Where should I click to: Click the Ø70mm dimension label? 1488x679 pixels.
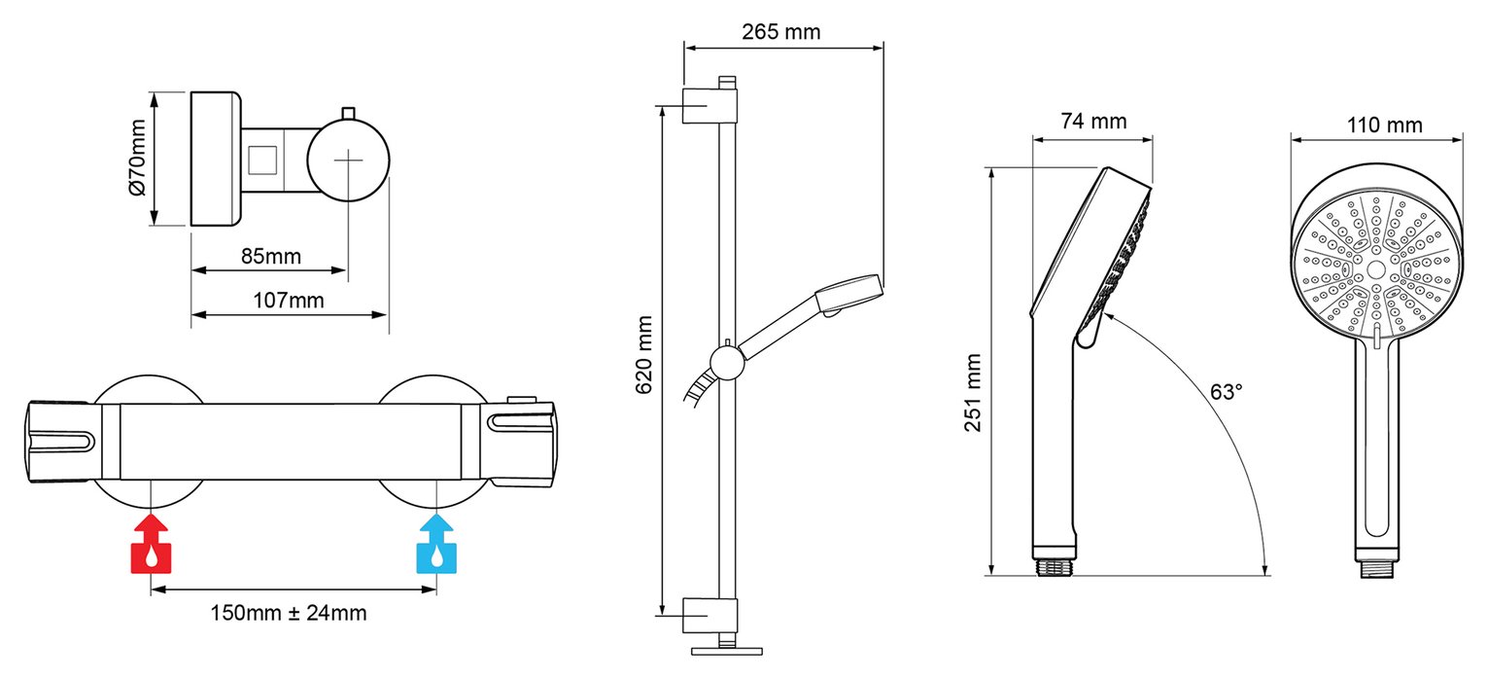[x=137, y=159]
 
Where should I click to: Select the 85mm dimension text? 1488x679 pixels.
[x=271, y=257]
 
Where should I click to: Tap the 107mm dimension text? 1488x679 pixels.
[x=289, y=301]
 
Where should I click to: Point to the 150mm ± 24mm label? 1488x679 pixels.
[x=289, y=613]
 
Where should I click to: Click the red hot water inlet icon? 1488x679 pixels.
[x=152, y=544]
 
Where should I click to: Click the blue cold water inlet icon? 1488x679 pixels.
[x=436, y=544]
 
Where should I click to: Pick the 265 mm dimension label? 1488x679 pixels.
[x=781, y=32]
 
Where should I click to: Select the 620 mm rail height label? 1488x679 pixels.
[x=644, y=355]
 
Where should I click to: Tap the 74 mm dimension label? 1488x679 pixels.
[x=1093, y=121]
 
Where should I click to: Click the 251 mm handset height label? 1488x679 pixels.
[x=973, y=393]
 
